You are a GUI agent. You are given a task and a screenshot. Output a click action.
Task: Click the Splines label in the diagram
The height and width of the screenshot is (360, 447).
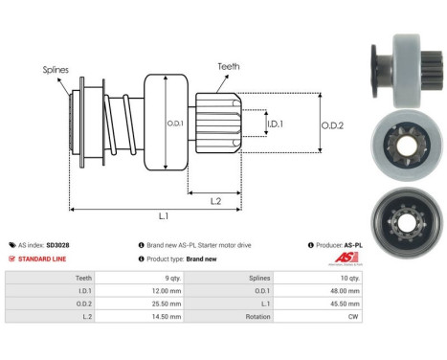tap(56, 70)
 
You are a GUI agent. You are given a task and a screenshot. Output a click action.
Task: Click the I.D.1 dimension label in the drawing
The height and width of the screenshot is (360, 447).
tap(275, 123)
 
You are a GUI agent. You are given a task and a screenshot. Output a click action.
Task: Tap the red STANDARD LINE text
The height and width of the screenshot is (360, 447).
tap(47, 259)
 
